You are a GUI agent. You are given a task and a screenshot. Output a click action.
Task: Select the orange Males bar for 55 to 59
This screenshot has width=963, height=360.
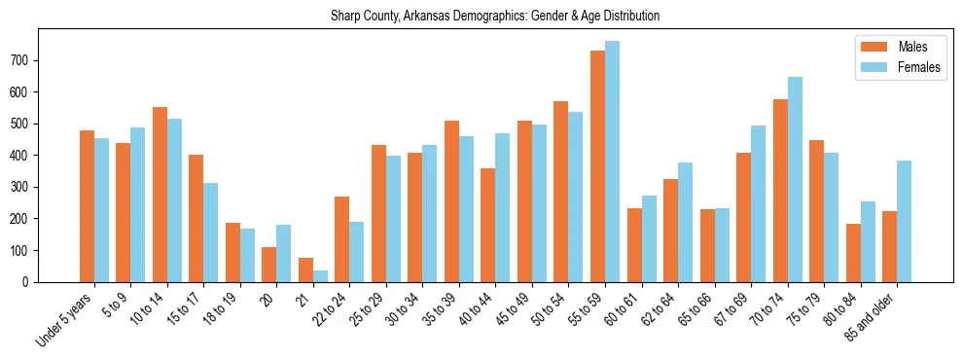point(597,165)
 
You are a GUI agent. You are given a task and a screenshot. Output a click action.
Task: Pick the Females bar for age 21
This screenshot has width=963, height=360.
point(320,276)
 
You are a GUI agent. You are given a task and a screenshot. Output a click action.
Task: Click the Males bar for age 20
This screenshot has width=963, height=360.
point(269,265)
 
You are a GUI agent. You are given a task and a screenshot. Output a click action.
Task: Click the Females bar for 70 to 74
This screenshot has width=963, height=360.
point(795,179)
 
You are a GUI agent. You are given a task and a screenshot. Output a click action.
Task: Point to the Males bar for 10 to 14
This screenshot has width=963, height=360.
point(160,195)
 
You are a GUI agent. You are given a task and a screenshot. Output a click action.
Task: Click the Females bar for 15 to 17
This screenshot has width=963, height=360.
point(211,233)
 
